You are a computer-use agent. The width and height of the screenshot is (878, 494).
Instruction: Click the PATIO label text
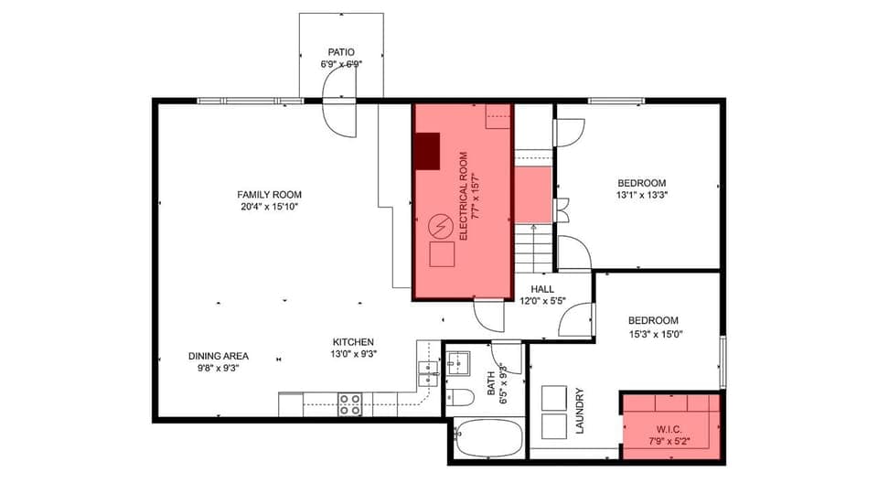tap(342, 52)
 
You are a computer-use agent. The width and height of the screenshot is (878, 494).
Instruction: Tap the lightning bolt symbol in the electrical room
tap(441, 224)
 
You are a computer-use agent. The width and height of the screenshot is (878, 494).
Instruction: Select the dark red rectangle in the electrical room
tap(426, 151)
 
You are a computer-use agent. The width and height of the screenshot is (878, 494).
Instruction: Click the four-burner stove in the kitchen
tap(350, 403)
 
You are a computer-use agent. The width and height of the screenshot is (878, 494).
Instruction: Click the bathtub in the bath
tap(488, 438)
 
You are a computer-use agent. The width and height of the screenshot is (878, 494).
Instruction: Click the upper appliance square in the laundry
tap(554, 398)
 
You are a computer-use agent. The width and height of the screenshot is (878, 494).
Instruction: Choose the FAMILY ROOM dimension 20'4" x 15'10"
tap(269, 207)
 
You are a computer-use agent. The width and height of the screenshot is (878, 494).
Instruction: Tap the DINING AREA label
tap(219, 356)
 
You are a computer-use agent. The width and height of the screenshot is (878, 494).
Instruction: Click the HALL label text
tap(542, 288)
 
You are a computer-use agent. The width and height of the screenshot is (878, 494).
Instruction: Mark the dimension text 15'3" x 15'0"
tap(653, 333)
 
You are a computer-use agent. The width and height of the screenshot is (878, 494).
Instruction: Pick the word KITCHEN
tap(354, 341)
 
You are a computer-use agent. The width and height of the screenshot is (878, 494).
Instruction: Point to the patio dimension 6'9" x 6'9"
tap(342, 65)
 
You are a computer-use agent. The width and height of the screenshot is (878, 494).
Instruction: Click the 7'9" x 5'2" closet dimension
tap(669, 441)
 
